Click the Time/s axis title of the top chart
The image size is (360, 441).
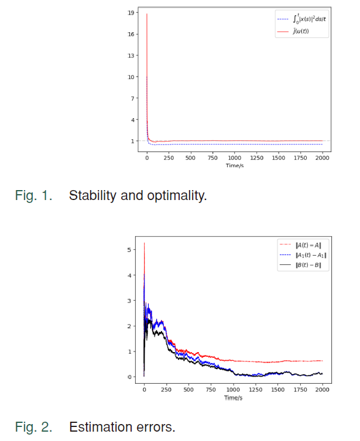click(234, 166)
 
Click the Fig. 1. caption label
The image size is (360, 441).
click(33, 195)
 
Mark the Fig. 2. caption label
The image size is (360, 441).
click(33, 427)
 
